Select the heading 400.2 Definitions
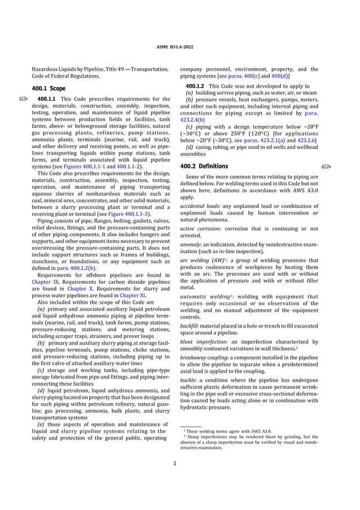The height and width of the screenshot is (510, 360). coord(204,166)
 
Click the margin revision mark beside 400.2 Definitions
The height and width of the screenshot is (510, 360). coord(325,167)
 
